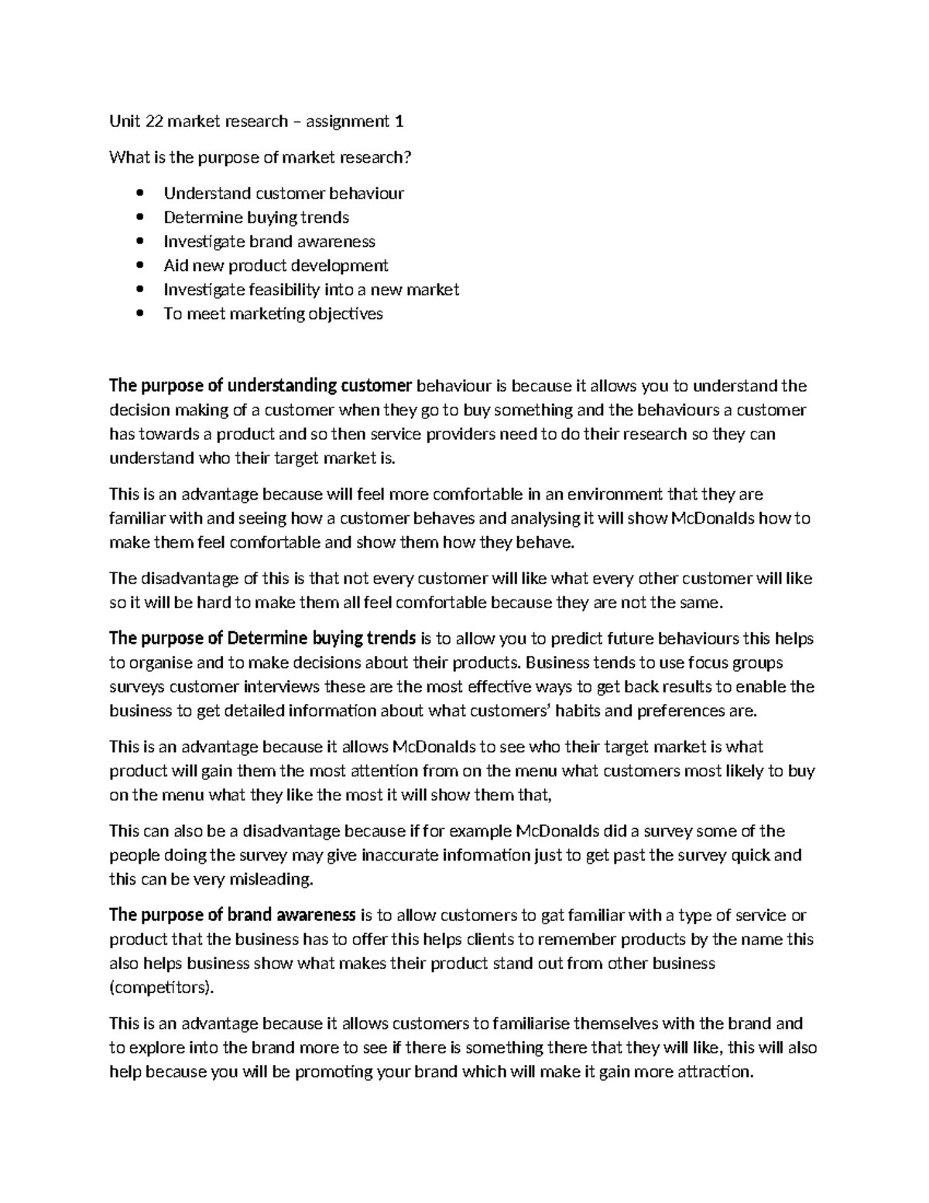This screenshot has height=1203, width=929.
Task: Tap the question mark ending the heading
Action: point(408,158)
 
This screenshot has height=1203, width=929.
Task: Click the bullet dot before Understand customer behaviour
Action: point(139,194)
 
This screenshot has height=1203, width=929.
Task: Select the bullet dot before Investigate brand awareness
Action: point(139,242)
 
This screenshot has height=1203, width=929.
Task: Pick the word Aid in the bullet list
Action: point(176,266)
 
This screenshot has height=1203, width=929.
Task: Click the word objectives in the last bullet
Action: point(346,314)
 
